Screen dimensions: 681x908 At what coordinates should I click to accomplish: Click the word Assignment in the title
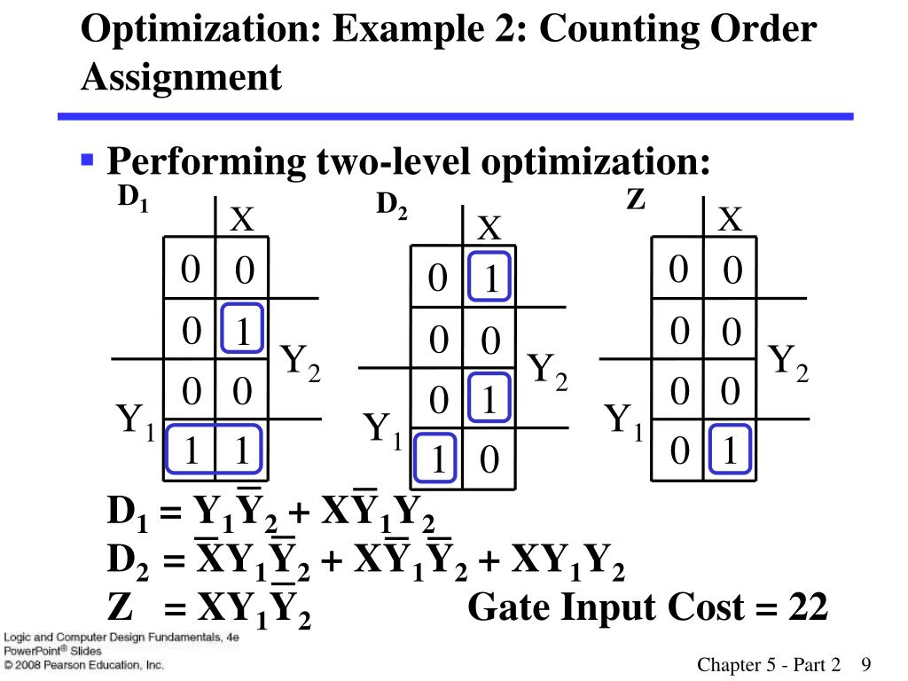click(x=181, y=77)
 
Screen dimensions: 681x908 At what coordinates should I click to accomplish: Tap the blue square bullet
click(x=87, y=160)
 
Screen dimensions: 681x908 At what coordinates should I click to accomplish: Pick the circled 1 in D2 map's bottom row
click(x=437, y=458)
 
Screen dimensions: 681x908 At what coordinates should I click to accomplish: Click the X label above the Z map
click(x=730, y=220)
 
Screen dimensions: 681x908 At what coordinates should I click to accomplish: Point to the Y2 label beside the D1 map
click(x=301, y=363)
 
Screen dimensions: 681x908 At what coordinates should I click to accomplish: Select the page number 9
click(x=866, y=665)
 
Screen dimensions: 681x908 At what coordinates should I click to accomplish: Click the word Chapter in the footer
click(x=728, y=665)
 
